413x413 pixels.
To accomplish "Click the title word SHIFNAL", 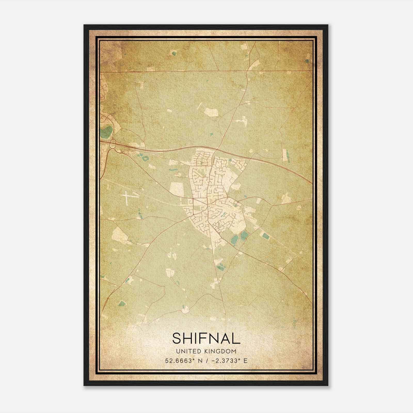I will click(206, 338).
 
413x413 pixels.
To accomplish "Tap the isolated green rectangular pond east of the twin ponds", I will click(265, 236).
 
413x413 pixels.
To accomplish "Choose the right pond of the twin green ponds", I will click(244, 235).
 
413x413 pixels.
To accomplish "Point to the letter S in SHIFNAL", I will click(177, 338).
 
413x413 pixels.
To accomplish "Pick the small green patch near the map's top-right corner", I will click(307, 61).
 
